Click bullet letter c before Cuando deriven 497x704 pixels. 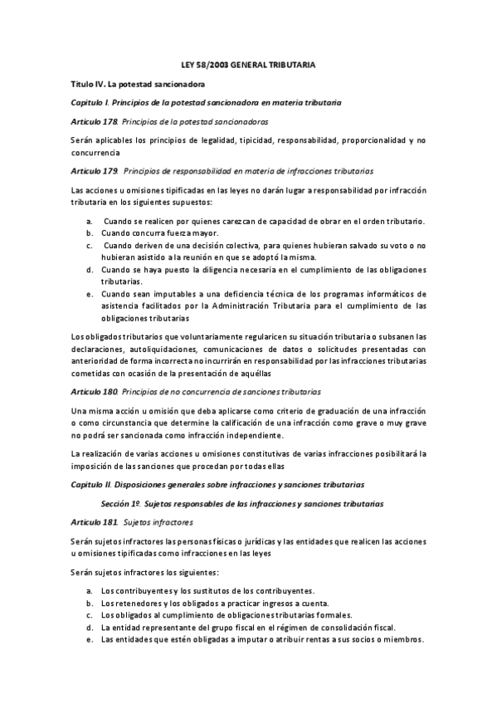89,246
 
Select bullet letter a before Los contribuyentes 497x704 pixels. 89,590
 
